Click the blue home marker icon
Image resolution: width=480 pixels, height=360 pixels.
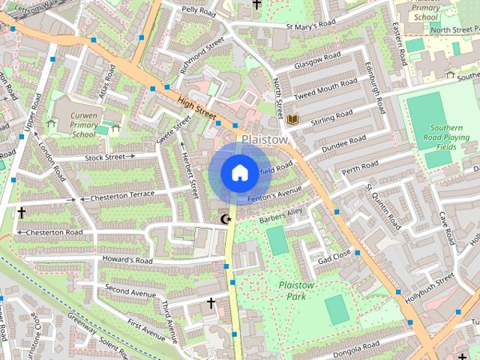(x=238, y=172)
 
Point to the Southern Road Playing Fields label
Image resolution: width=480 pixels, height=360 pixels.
(x=448, y=138)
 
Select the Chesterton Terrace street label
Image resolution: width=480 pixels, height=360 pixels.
(x=121, y=197)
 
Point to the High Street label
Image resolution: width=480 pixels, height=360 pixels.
(x=196, y=106)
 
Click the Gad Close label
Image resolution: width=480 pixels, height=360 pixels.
(x=334, y=259)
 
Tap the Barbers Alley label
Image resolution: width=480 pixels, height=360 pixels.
(x=280, y=220)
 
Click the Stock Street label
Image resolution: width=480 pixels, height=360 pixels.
(x=104, y=157)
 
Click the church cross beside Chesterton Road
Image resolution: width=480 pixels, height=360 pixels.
(x=21, y=214)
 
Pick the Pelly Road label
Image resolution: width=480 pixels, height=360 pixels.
(x=199, y=10)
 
